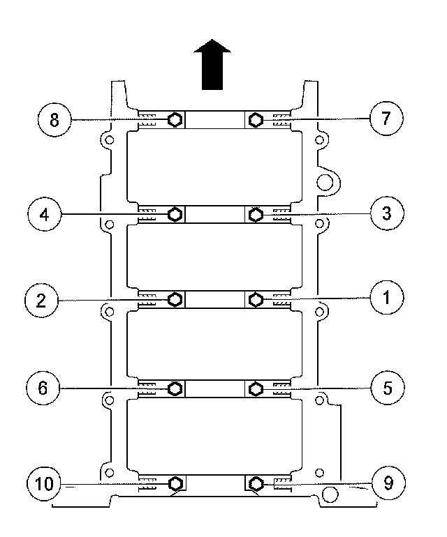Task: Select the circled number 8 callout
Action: coord(54,119)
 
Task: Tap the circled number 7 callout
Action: coord(386,119)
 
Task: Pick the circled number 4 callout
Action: coord(45,213)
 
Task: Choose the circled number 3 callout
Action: coord(386,213)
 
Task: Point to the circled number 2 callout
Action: coord(41,300)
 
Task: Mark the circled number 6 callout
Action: coord(43,388)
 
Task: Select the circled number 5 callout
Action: coord(386,388)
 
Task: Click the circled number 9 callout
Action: coord(386,482)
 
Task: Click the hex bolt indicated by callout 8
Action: coord(176,119)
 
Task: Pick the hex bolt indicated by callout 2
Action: coord(176,300)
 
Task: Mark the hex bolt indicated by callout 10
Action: coord(176,483)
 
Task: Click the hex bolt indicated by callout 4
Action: coord(176,213)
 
